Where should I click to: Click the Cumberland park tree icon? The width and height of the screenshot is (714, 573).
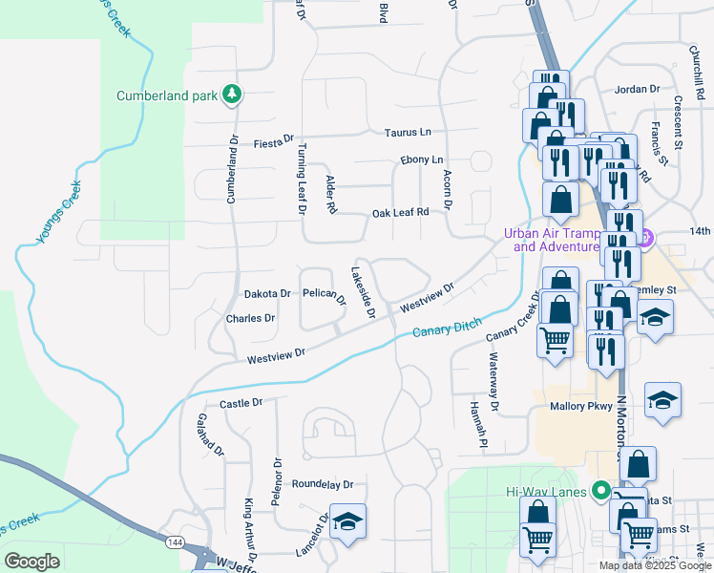click(231, 95)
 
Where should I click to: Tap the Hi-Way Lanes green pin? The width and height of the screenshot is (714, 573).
click(600, 492)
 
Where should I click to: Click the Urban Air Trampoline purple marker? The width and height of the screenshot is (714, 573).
click(645, 238)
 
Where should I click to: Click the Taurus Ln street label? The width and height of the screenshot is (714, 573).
click(408, 133)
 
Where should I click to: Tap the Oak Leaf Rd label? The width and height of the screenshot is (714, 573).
click(400, 212)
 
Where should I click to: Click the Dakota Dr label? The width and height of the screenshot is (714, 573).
click(267, 294)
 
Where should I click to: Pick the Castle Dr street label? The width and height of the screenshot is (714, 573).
click(241, 404)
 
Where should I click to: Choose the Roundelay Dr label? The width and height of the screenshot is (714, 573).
click(323, 484)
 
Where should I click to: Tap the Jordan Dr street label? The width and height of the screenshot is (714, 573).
click(638, 89)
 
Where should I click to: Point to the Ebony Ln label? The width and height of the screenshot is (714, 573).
click(422, 159)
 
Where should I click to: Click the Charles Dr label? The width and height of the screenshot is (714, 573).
click(250, 318)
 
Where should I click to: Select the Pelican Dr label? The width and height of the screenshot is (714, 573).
click(325, 295)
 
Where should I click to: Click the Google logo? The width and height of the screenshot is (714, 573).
click(31, 562)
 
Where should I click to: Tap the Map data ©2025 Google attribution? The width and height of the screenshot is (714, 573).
click(654, 565)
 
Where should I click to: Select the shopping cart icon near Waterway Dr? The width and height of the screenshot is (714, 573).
click(555, 339)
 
